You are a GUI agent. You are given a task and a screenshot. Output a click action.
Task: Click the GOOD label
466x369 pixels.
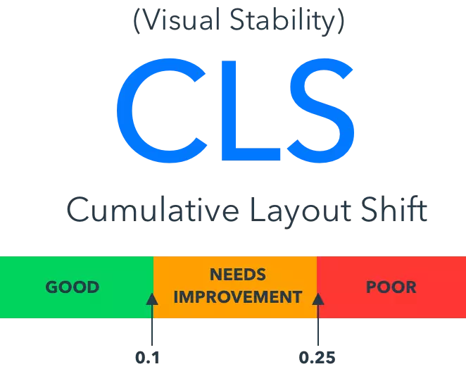pos(73,287)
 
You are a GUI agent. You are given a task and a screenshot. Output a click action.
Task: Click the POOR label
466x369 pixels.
pos(391,287)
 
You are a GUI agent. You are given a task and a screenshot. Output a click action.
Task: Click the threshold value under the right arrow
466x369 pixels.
pos(318,357)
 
